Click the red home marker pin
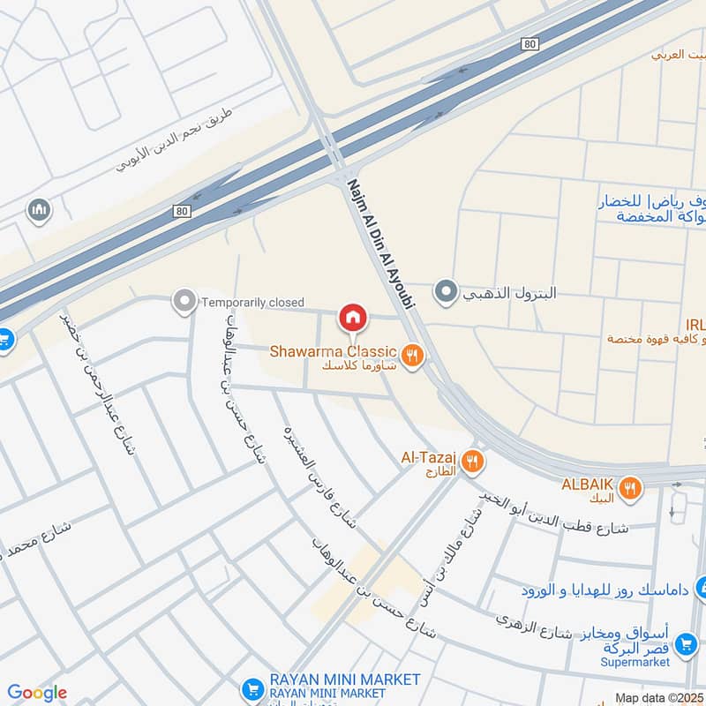pyautogui.click(x=352, y=317)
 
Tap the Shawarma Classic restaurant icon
pyautogui.click(x=411, y=356)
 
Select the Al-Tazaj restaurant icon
pyautogui.click(x=472, y=460)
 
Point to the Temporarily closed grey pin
pyautogui.click(x=184, y=303)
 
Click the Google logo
pyautogui.click(x=37, y=693)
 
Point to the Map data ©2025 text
pyautogui.click(x=658, y=697)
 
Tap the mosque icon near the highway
pyautogui.click(x=39, y=210)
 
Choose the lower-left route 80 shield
pyautogui.click(x=182, y=211)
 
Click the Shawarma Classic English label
pyautogui.click(x=334, y=352)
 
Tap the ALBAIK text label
pyautogui.click(x=587, y=484)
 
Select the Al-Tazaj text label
pyautogui.click(x=428, y=457)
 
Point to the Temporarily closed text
pyautogui.click(x=252, y=303)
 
